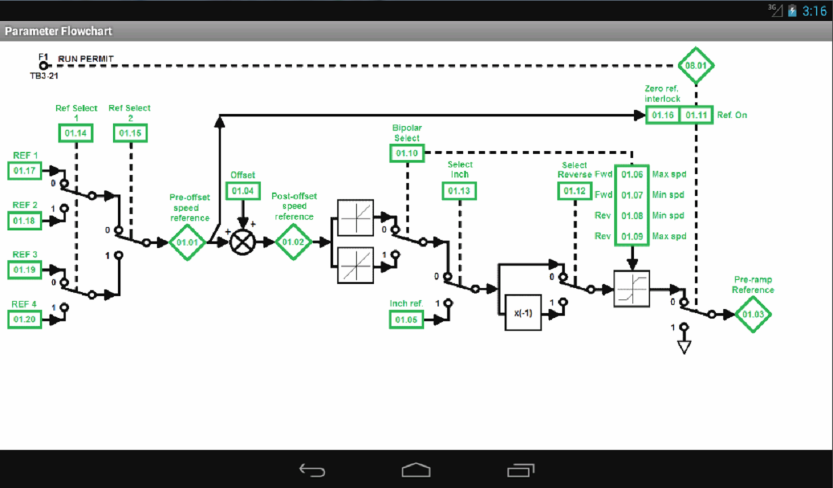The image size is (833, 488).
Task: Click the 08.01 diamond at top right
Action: point(696,66)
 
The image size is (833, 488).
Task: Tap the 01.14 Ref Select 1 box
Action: point(76,134)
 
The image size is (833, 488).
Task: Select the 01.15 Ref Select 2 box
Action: point(130,134)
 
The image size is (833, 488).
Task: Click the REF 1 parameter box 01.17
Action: point(25,170)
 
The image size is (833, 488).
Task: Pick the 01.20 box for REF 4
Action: point(25,319)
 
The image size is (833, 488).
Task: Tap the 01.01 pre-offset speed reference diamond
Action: point(187,242)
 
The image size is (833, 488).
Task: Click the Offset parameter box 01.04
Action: point(242,191)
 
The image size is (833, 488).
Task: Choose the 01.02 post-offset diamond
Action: point(293,242)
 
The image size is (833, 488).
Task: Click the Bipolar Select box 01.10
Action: point(407,154)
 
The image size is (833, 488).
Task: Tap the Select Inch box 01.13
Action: point(460,191)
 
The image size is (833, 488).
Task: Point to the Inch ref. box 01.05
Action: point(406,319)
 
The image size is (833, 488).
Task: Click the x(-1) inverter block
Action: point(523,313)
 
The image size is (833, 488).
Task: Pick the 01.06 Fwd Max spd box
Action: point(632,174)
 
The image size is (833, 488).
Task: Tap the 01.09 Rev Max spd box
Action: point(632,236)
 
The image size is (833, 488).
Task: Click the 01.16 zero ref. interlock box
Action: point(662,115)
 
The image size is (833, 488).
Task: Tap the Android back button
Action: point(312,470)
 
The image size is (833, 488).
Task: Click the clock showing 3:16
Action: point(814,11)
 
